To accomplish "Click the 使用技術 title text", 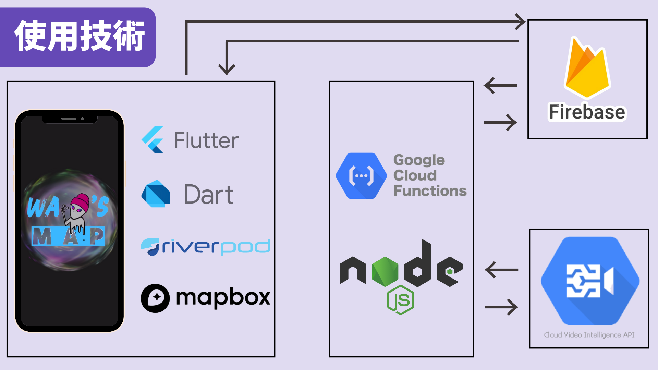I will tap(80, 36).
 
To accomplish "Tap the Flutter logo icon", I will tap(153, 140).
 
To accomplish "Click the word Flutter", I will tap(206, 140).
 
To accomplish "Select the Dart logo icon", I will tap(156, 194).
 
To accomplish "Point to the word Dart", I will tap(209, 195).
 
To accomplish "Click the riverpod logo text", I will tap(206, 247).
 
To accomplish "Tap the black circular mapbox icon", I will tap(155, 298).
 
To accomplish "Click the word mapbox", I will tap(223, 297).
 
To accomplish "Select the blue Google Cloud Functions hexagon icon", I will tap(361, 176).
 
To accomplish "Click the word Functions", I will tap(430, 191).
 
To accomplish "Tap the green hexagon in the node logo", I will tap(385, 272).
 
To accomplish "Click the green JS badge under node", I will tap(400, 300).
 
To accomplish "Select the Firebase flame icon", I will tap(587, 69).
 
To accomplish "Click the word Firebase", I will tap(587, 112).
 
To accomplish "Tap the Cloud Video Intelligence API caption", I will tap(589, 335).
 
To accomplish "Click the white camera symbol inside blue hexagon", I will tap(590, 281).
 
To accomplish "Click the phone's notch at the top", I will tap(70, 119).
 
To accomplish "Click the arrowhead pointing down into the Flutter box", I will tap(227, 70).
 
